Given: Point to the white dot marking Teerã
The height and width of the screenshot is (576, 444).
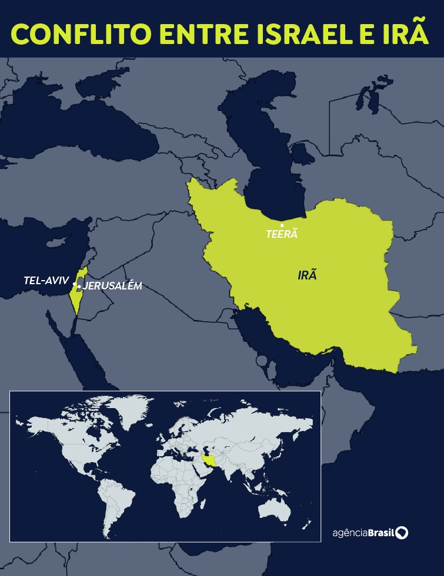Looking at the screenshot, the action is point(282,225).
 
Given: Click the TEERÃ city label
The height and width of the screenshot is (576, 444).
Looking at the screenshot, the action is point(282,234).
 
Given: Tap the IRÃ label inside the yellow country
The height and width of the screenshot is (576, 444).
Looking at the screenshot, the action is point(307,275).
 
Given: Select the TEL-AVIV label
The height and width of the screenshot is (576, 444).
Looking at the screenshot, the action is point(46,281).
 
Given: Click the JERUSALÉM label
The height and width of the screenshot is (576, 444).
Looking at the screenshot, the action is point(112,287).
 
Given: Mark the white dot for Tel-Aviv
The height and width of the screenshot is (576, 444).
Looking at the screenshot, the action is point(74,285).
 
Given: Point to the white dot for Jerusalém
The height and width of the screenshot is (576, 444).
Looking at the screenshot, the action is point(79,287).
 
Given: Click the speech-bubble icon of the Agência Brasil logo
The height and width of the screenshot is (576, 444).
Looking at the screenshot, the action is point(402,533).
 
